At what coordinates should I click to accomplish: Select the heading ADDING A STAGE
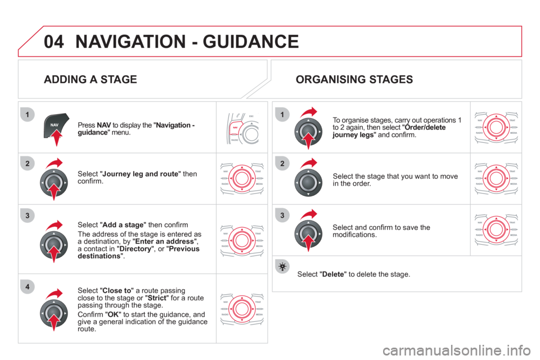coord(90,79)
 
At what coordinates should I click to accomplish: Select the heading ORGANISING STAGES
coord(354,79)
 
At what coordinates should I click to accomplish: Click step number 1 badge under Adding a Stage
coord(26,115)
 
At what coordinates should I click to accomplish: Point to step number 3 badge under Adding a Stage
coord(26,214)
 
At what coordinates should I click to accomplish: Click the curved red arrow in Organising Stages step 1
coord(310,111)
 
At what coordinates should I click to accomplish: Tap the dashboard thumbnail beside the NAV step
coord(242,127)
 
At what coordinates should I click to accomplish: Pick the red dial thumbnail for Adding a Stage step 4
coord(242,308)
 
